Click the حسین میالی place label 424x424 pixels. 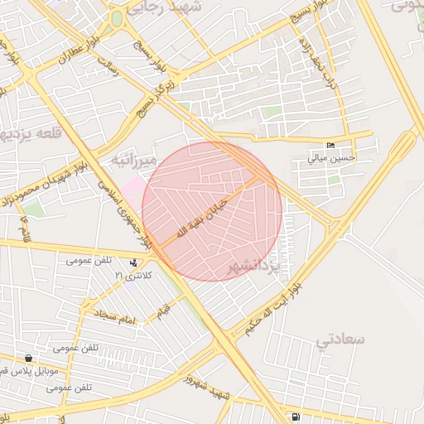[x=331, y=157]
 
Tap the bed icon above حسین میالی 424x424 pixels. [x=331, y=146]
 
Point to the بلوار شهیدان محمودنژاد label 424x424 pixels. [x=50, y=176]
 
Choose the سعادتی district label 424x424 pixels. [x=339, y=339]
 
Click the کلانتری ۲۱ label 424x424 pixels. [x=131, y=274]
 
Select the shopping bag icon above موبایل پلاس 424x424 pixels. [x=30, y=359]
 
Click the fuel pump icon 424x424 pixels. [x=296, y=416]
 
